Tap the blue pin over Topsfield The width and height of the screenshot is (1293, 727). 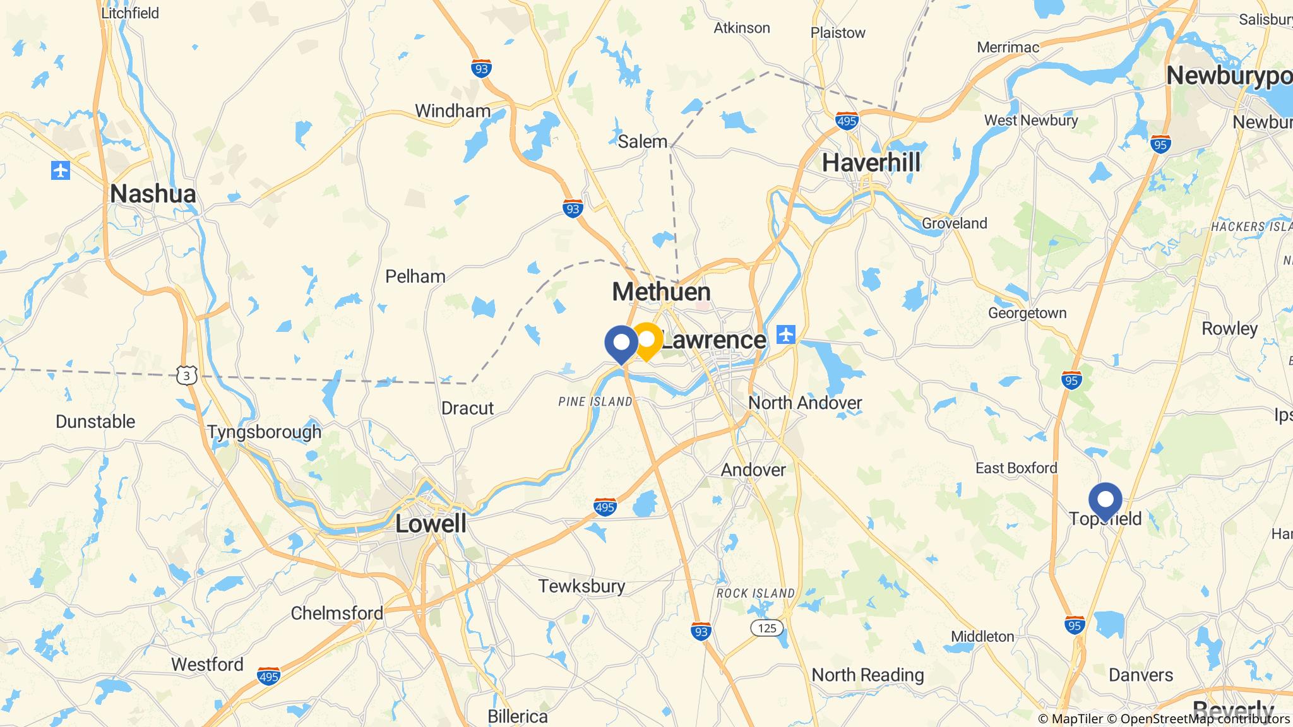click(x=1105, y=500)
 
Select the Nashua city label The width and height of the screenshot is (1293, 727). click(x=153, y=194)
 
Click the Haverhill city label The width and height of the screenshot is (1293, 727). click(x=871, y=163)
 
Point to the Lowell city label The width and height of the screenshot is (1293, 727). click(x=431, y=524)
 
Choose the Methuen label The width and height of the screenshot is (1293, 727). click(x=661, y=292)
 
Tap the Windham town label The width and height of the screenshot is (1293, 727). click(x=452, y=111)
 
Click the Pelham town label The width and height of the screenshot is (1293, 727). click(x=415, y=276)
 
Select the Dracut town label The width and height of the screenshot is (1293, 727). click(x=467, y=408)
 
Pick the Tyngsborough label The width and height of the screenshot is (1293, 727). click(x=264, y=432)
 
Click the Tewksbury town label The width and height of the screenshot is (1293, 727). click(x=581, y=586)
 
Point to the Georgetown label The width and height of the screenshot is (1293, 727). click(x=1027, y=313)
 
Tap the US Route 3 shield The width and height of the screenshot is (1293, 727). click(x=187, y=376)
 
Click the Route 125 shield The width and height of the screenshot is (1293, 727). click(x=766, y=628)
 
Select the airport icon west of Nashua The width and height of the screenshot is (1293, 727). click(x=61, y=170)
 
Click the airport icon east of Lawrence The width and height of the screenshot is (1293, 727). click(x=786, y=334)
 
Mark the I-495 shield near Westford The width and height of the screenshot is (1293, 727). click(x=269, y=676)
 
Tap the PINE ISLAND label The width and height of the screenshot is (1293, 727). click(x=595, y=401)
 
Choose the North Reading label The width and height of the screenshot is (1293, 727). click(x=867, y=675)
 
